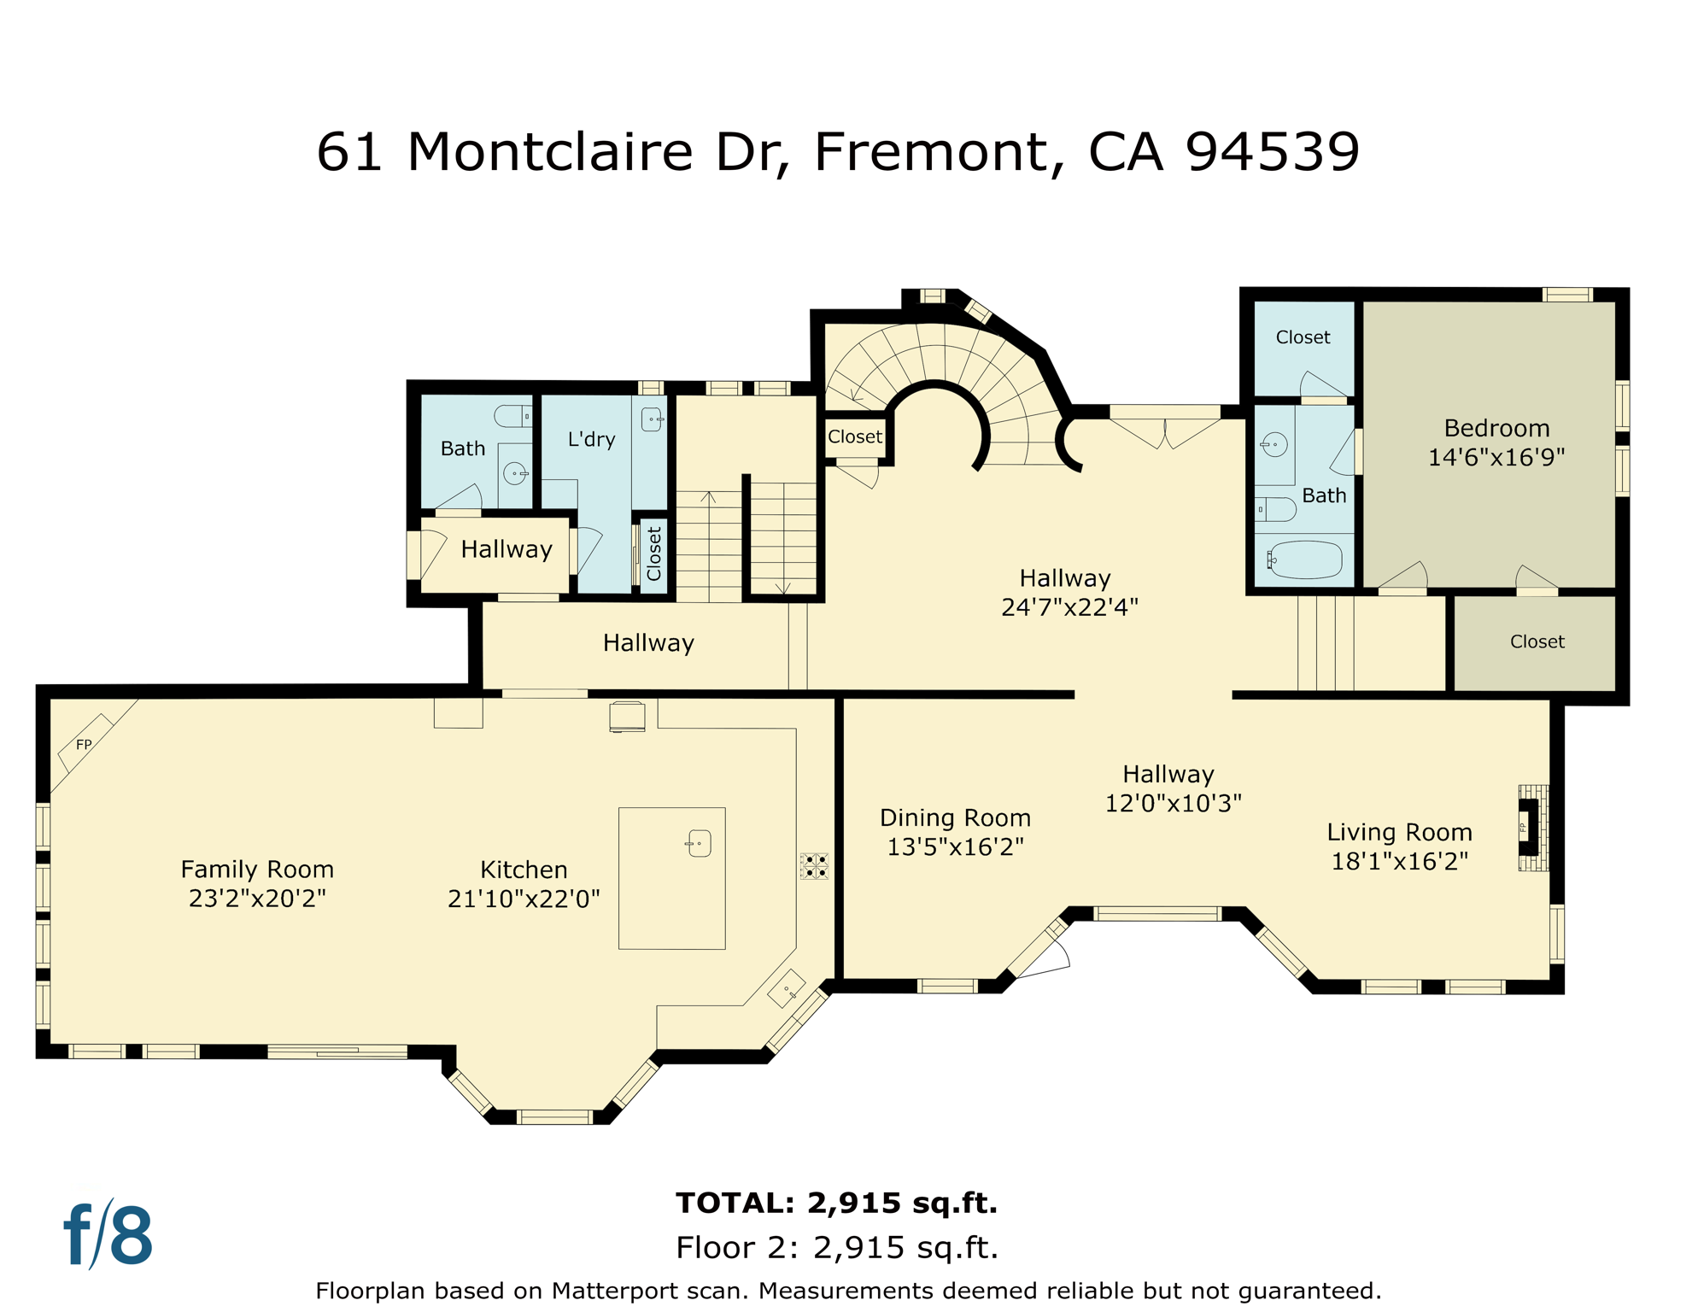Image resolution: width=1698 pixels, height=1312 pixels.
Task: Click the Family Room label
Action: point(257,869)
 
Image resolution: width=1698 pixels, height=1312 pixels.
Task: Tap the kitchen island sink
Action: point(699,843)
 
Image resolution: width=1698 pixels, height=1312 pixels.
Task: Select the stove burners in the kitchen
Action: point(813,865)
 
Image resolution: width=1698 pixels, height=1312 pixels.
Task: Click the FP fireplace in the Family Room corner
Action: point(85,744)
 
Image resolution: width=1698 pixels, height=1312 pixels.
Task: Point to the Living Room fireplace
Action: point(1531,827)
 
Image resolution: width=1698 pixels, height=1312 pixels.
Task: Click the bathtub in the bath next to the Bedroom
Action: point(1305,560)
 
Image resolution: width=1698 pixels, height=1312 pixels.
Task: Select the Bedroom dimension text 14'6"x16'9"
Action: point(1496,457)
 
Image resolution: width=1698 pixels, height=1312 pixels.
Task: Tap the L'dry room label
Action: point(591,439)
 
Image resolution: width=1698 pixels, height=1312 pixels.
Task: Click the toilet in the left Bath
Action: point(512,416)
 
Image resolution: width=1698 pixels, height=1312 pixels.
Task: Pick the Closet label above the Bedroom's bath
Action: point(1303,337)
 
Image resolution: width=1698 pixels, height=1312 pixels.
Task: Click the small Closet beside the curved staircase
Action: point(854,436)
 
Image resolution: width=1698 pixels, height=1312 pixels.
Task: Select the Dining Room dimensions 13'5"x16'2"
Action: point(955,846)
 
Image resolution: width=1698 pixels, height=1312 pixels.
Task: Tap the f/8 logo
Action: point(108,1235)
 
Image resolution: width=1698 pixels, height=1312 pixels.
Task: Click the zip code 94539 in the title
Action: point(1272,152)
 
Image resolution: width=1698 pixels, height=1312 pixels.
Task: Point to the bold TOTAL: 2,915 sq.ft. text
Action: point(836,1203)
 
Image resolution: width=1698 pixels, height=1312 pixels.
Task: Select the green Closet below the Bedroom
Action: point(1536,641)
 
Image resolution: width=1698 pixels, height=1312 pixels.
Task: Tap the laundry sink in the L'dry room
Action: point(652,419)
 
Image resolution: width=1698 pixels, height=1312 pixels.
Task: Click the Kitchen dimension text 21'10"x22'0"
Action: point(524,899)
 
